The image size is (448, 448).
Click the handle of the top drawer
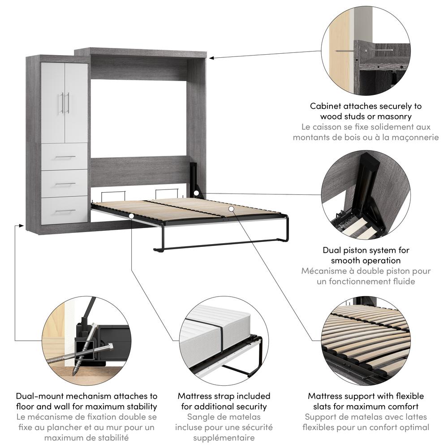[65, 157]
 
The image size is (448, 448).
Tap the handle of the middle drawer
[65, 184]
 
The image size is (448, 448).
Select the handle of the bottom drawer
[65, 211]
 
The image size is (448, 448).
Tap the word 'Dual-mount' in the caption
[38, 396]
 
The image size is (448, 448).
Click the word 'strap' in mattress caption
[224, 396]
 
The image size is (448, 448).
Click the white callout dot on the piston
[197, 193]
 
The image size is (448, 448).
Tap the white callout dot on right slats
[231, 208]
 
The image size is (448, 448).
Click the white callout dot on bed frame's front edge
[132, 216]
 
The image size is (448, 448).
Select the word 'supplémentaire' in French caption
[224, 438]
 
